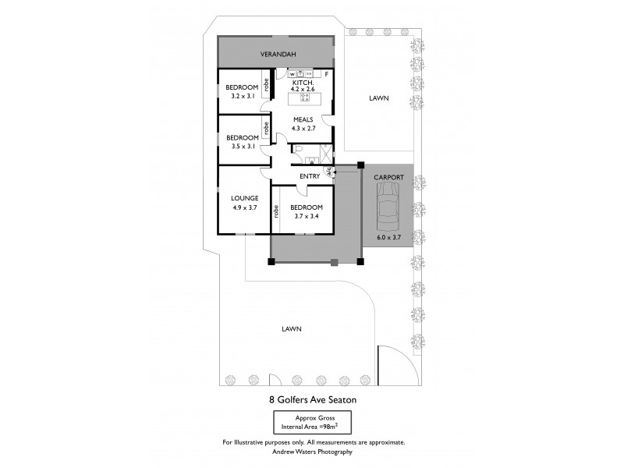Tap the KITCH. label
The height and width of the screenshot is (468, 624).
(x=303, y=82)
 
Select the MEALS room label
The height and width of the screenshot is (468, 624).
(x=303, y=119)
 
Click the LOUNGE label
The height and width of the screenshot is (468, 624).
(x=244, y=198)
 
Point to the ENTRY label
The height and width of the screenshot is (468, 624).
(x=310, y=176)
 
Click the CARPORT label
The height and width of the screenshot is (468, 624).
(x=388, y=178)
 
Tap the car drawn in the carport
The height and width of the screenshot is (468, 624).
(x=388, y=207)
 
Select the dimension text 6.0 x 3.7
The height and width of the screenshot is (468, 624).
(x=388, y=237)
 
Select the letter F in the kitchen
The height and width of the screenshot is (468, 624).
(x=326, y=74)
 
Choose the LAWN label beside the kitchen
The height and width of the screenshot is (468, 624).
(x=378, y=98)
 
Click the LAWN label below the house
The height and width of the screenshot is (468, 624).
(x=292, y=329)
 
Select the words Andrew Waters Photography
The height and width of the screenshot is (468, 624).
(x=312, y=452)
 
